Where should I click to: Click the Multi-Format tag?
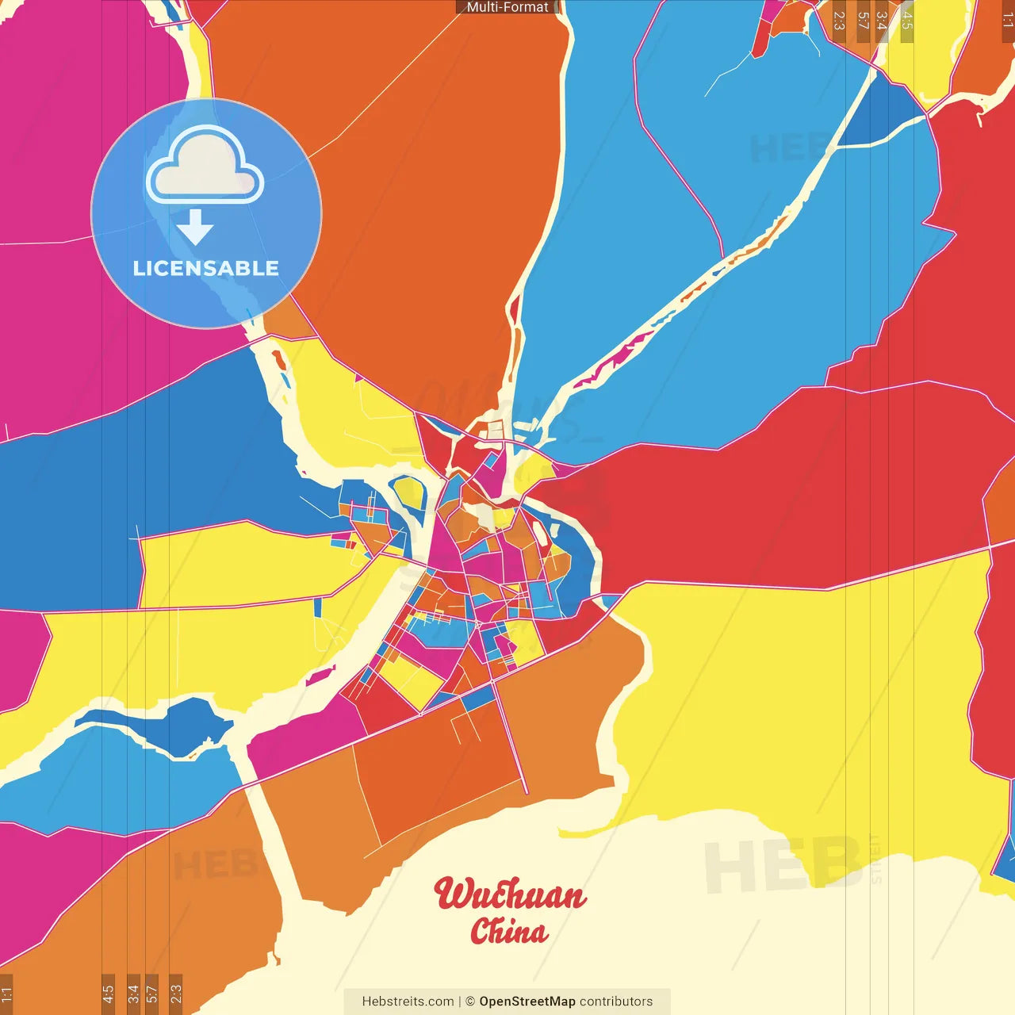pyautogui.click(x=507, y=7)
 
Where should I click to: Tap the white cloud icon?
pyautogui.click(x=205, y=168)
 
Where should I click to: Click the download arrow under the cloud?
pyautogui.click(x=195, y=228)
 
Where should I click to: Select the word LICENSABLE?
pyautogui.click(x=206, y=268)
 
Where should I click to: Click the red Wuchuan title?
pyautogui.click(x=510, y=894)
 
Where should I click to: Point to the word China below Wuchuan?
pyautogui.click(x=508, y=931)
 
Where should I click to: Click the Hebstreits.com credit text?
pyautogui.click(x=408, y=1002)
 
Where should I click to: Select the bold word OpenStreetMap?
pyautogui.click(x=527, y=1002)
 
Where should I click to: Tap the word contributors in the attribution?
pyautogui.click(x=616, y=1002)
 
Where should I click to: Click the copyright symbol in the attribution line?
pyautogui.click(x=469, y=1002)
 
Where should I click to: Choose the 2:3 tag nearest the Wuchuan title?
pyautogui.click(x=175, y=993)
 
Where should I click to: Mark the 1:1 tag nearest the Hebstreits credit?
pyautogui.click(x=6, y=993)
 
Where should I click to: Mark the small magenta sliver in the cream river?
pyautogui.click(x=320, y=676)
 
